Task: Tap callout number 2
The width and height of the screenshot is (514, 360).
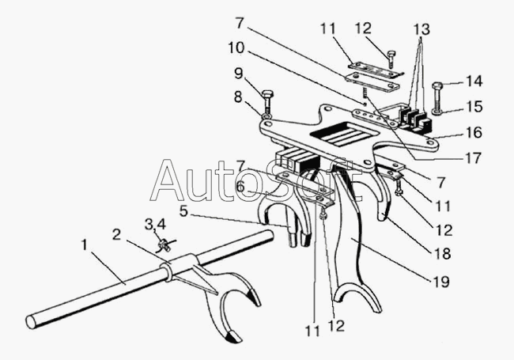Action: (x=117, y=234)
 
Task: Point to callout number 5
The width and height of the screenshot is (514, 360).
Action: (x=184, y=212)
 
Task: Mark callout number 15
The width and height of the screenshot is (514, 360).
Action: (x=473, y=105)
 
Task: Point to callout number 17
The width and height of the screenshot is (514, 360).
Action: (x=473, y=157)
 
